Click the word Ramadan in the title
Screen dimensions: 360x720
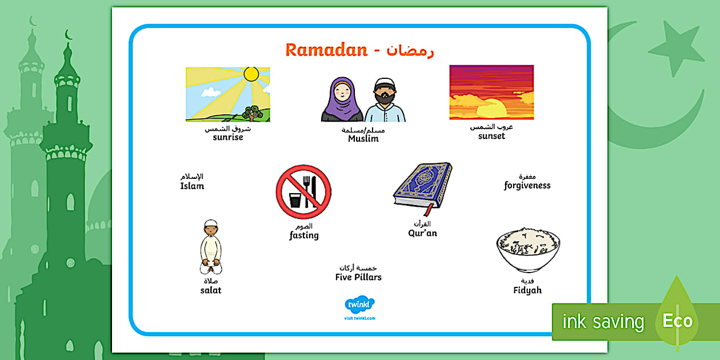pos(326,50)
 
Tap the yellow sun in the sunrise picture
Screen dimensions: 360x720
pos(251,74)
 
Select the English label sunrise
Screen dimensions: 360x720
pos(228,137)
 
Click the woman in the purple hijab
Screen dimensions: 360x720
pos(342,99)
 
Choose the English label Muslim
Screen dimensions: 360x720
pos(363,139)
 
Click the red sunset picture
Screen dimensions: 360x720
pos(491,93)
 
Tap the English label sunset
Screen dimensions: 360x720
pos(491,136)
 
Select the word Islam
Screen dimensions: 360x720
pos(192,186)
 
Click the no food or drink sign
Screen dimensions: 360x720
pos(303,193)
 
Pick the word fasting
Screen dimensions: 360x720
pos(304,235)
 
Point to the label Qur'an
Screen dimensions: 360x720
pos(422,233)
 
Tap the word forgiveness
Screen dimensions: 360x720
pos(527,186)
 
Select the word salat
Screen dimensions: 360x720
pos(210,290)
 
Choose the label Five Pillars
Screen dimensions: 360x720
pos(358,277)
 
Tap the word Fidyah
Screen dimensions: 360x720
pos(527,290)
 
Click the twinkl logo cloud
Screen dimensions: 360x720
pos(359,305)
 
